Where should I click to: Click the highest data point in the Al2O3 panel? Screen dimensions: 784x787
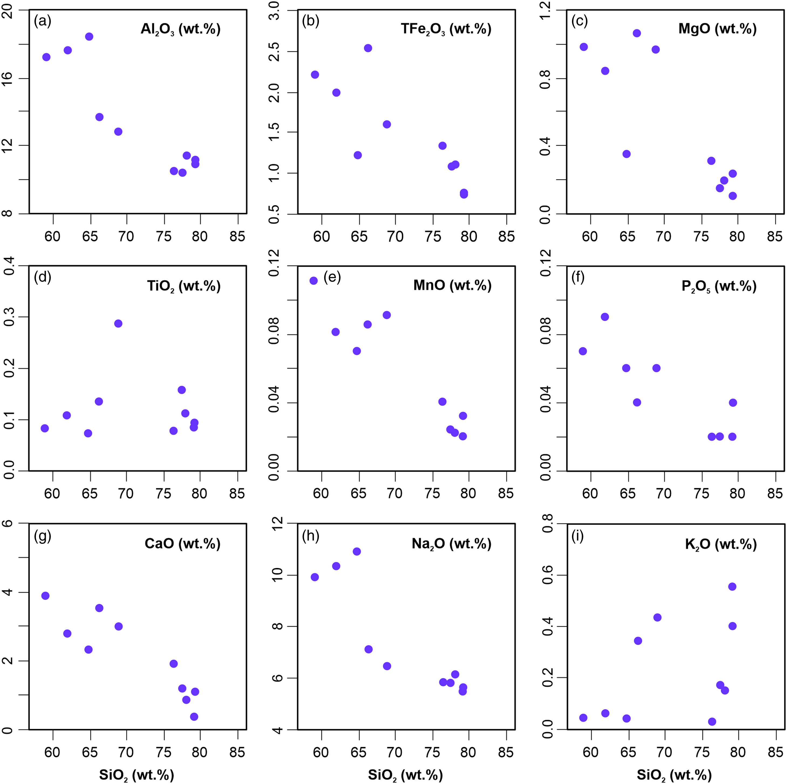tap(89, 37)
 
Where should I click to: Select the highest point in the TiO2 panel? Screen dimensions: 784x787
tap(118, 324)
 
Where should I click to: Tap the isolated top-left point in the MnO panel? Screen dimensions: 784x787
tap(314, 281)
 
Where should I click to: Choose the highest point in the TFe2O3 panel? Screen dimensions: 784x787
tap(368, 48)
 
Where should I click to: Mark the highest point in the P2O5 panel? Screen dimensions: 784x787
tap(605, 317)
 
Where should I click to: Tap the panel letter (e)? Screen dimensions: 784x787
tap(332, 277)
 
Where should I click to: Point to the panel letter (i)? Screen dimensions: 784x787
tap(578, 536)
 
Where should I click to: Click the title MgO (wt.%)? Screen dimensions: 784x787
tap(717, 29)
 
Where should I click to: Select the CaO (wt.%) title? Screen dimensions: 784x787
tap(182, 544)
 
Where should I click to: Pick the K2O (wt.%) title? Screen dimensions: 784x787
tap(721, 544)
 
